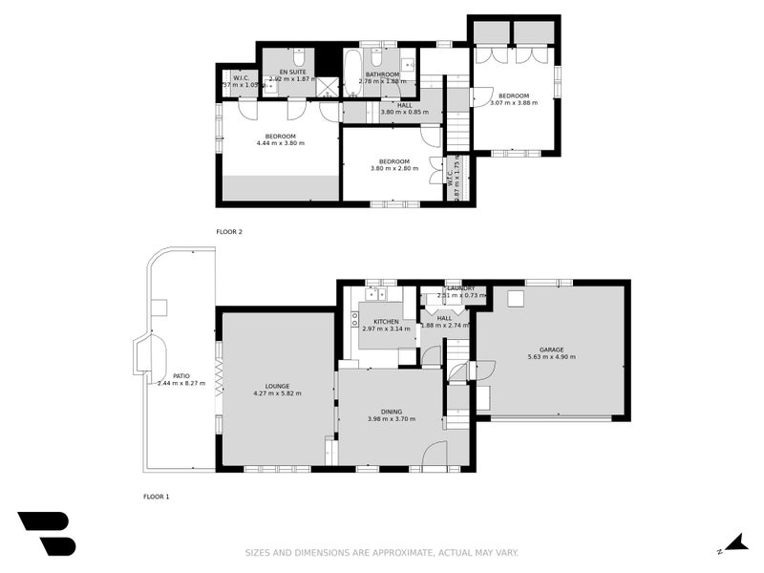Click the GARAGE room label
point(551,350)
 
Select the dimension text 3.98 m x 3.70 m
point(392,418)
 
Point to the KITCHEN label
point(386,322)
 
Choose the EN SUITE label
point(291,73)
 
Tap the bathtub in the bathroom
point(351,74)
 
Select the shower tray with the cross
point(329,87)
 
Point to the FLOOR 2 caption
point(229,232)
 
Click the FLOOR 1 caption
point(156,497)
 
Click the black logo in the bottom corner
point(46,533)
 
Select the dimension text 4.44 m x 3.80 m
point(280,143)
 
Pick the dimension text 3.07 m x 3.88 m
point(513,102)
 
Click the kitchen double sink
point(374,295)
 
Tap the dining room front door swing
point(435,456)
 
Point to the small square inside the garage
point(516,298)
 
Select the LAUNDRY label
point(459,287)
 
